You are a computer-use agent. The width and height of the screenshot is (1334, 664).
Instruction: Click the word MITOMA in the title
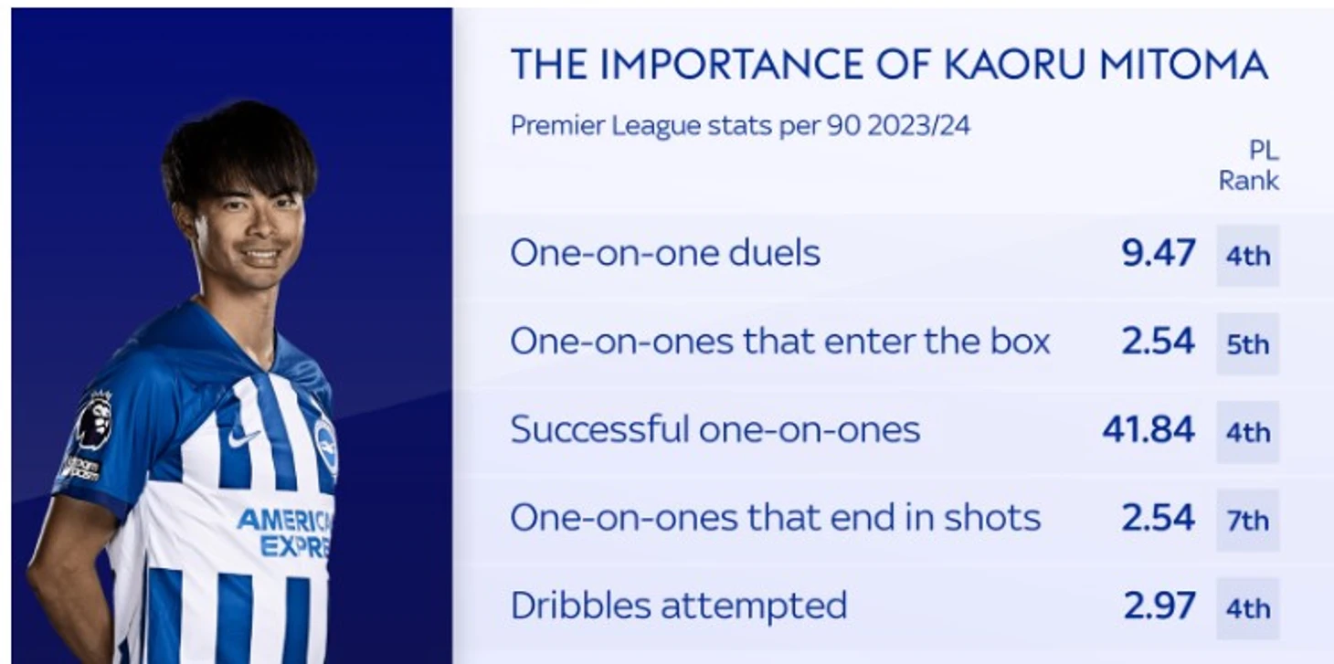(x=1183, y=64)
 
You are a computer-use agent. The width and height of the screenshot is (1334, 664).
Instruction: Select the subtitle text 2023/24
(x=919, y=126)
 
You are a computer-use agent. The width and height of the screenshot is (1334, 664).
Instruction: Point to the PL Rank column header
(x=1249, y=165)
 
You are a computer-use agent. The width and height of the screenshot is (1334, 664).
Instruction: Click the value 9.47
(x=1159, y=253)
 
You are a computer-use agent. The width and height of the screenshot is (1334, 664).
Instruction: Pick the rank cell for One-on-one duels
(x=1247, y=256)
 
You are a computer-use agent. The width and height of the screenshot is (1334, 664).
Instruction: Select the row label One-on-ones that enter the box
(x=780, y=342)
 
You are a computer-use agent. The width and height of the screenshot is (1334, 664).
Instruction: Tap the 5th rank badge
(x=1247, y=344)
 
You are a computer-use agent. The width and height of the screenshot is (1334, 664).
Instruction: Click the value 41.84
(x=1149, y=429)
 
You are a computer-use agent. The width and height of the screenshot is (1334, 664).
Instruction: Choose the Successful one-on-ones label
(x=715, y=429)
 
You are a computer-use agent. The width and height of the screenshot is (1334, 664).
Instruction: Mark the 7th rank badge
(x=1247, y=521)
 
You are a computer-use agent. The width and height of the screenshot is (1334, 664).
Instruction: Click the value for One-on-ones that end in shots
(x=1159, y=518)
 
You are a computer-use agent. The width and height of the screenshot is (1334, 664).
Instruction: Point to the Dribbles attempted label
(x=679, y=606)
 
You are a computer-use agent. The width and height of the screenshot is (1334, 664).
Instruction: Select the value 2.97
(x=1159, y=606)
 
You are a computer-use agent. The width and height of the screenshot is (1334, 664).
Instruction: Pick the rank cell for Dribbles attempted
(x=1247, y=608)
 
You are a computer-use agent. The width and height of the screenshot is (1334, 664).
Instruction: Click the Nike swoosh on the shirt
(x=243, y=437)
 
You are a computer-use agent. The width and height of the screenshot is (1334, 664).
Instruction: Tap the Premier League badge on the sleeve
(x=95, y=420)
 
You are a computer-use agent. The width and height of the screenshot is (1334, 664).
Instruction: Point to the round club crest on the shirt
(x=324, y=446)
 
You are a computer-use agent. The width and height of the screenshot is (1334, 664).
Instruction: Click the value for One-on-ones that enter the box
(x=1159, y=342)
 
